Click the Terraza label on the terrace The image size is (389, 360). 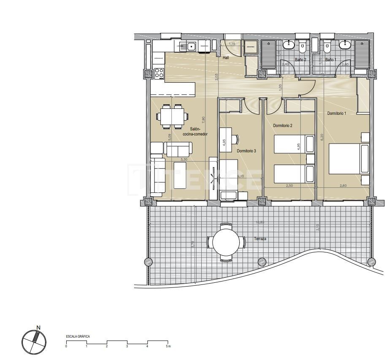[260, 238]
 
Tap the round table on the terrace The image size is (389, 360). [226, 242]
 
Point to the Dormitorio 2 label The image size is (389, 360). [283, 126]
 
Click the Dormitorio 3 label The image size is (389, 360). [246, 151]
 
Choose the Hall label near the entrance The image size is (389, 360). [226, 57]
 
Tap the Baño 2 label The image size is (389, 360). [300, 60]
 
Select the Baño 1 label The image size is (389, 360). [330, 60]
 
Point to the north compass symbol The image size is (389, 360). [33, 341]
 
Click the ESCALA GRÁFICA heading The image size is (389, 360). [78, 336]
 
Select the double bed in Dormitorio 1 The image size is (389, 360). [348, 159]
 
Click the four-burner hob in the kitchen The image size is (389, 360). [159, 73]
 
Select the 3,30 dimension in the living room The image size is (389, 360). [184, 160]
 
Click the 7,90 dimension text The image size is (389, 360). [203, 119]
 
